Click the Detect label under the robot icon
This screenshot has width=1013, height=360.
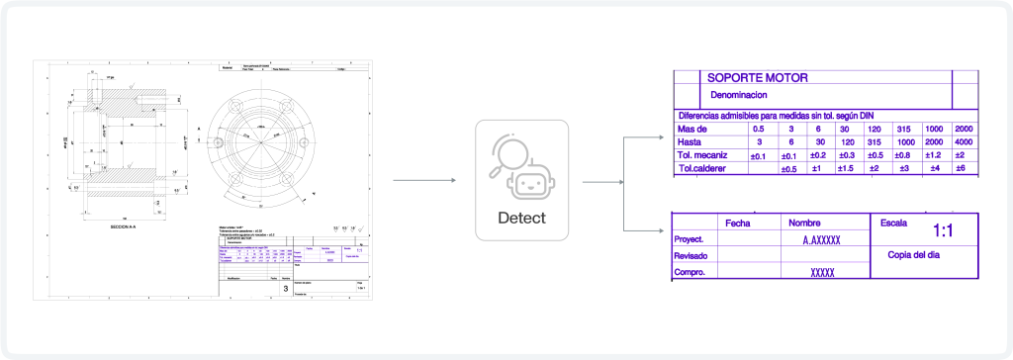[521, 217]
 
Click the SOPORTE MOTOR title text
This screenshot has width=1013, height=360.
[757, 77]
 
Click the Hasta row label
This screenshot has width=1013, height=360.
[691, 141]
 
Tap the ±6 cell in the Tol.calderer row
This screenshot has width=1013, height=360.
[960, 169]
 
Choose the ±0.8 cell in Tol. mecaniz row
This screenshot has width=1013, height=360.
[901, 155]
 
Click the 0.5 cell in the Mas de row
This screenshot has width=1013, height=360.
[759, 129]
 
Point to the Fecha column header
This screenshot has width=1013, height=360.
[739, 223]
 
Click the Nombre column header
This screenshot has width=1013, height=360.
[804, 223]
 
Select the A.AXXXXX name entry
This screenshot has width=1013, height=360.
[821, 240]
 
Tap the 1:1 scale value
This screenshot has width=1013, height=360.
[943, 230]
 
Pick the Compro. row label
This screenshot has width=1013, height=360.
[689, 272]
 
